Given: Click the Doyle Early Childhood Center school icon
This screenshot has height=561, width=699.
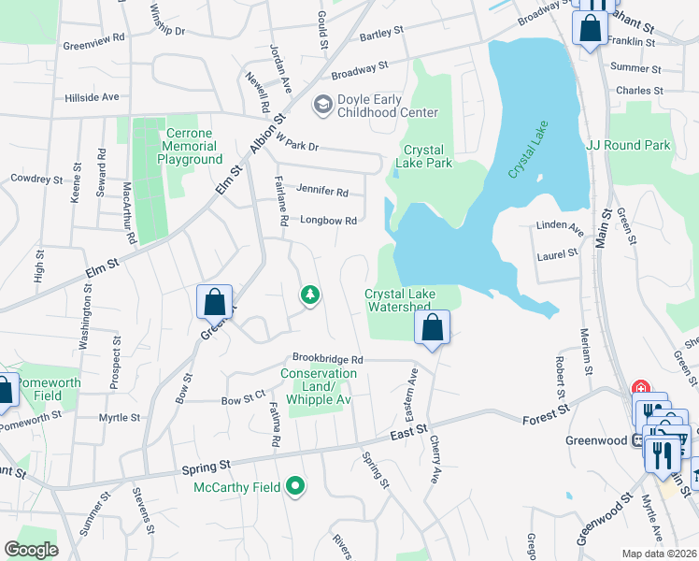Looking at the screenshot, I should (323, 104).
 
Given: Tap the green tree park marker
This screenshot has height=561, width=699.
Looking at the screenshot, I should (310, 295).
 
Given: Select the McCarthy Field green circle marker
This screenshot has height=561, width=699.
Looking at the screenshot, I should (295, 485).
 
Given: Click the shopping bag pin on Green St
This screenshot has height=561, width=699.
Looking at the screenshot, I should (214, 302).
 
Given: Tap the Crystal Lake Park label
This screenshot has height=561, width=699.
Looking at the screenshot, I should (427, 156).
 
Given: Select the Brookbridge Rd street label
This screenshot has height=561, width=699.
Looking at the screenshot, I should (327, 358).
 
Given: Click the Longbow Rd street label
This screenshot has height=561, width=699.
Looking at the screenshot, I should (328, 221).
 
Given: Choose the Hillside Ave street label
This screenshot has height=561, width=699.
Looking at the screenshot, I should (92, 96).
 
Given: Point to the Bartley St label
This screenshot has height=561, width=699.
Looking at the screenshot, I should (380, 31).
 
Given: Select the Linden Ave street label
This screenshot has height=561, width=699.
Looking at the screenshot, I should (561, 226).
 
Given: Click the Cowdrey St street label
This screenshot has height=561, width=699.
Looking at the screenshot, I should (36, 178).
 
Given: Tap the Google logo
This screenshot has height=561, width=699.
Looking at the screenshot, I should (30, 549).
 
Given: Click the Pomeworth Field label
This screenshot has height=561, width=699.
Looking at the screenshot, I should (49, 389).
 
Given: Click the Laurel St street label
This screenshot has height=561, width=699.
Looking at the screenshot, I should (558, 252).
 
